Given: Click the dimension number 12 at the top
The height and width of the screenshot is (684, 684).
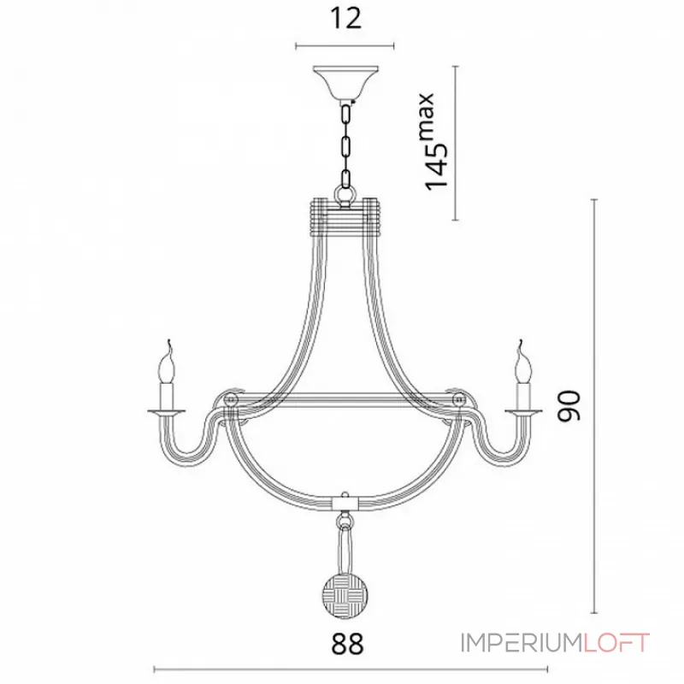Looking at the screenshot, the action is pos(345,18).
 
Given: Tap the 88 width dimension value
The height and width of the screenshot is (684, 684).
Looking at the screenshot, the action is pos(347,644).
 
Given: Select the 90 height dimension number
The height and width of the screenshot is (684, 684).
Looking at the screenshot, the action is pos(569,406).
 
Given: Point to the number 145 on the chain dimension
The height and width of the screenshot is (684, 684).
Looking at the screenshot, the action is pos(436,165).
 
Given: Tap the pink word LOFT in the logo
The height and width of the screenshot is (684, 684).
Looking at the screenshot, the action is pos(616,643).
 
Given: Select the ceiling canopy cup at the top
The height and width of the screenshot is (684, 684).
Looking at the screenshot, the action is pos(345,83).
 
